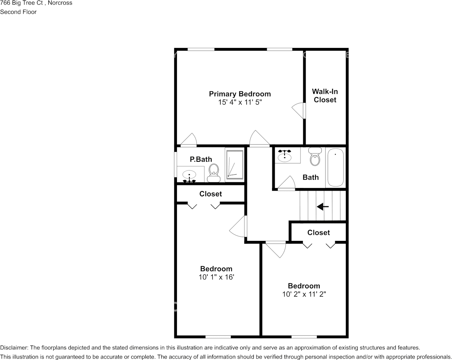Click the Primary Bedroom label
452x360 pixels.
[x=240, y=94]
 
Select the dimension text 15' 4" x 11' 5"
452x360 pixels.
[x=240, y=103]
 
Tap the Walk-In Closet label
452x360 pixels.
[x=325, y=96]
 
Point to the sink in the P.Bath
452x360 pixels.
[x=189, y=175]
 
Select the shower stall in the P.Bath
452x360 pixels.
[x=234, y=164]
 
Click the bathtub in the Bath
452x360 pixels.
[x=336, y=167]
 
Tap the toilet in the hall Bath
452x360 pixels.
[x=315, y=157]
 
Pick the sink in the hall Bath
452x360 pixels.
[x=285, y=156]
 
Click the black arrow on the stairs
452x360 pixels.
[x=323, y=207]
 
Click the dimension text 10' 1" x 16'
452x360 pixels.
[x=216, y=277]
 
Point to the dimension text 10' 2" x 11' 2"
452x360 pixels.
[x=304, y=294]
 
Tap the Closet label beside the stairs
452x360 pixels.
[x=318, y=233]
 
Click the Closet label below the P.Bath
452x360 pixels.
[x=210, y=194]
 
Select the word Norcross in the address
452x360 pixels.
[x=59, y=3]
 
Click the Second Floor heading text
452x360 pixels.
[x=18, y=12]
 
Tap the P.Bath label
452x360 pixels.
[x=201, y=159]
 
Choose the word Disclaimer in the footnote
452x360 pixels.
[x=13, y=348]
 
